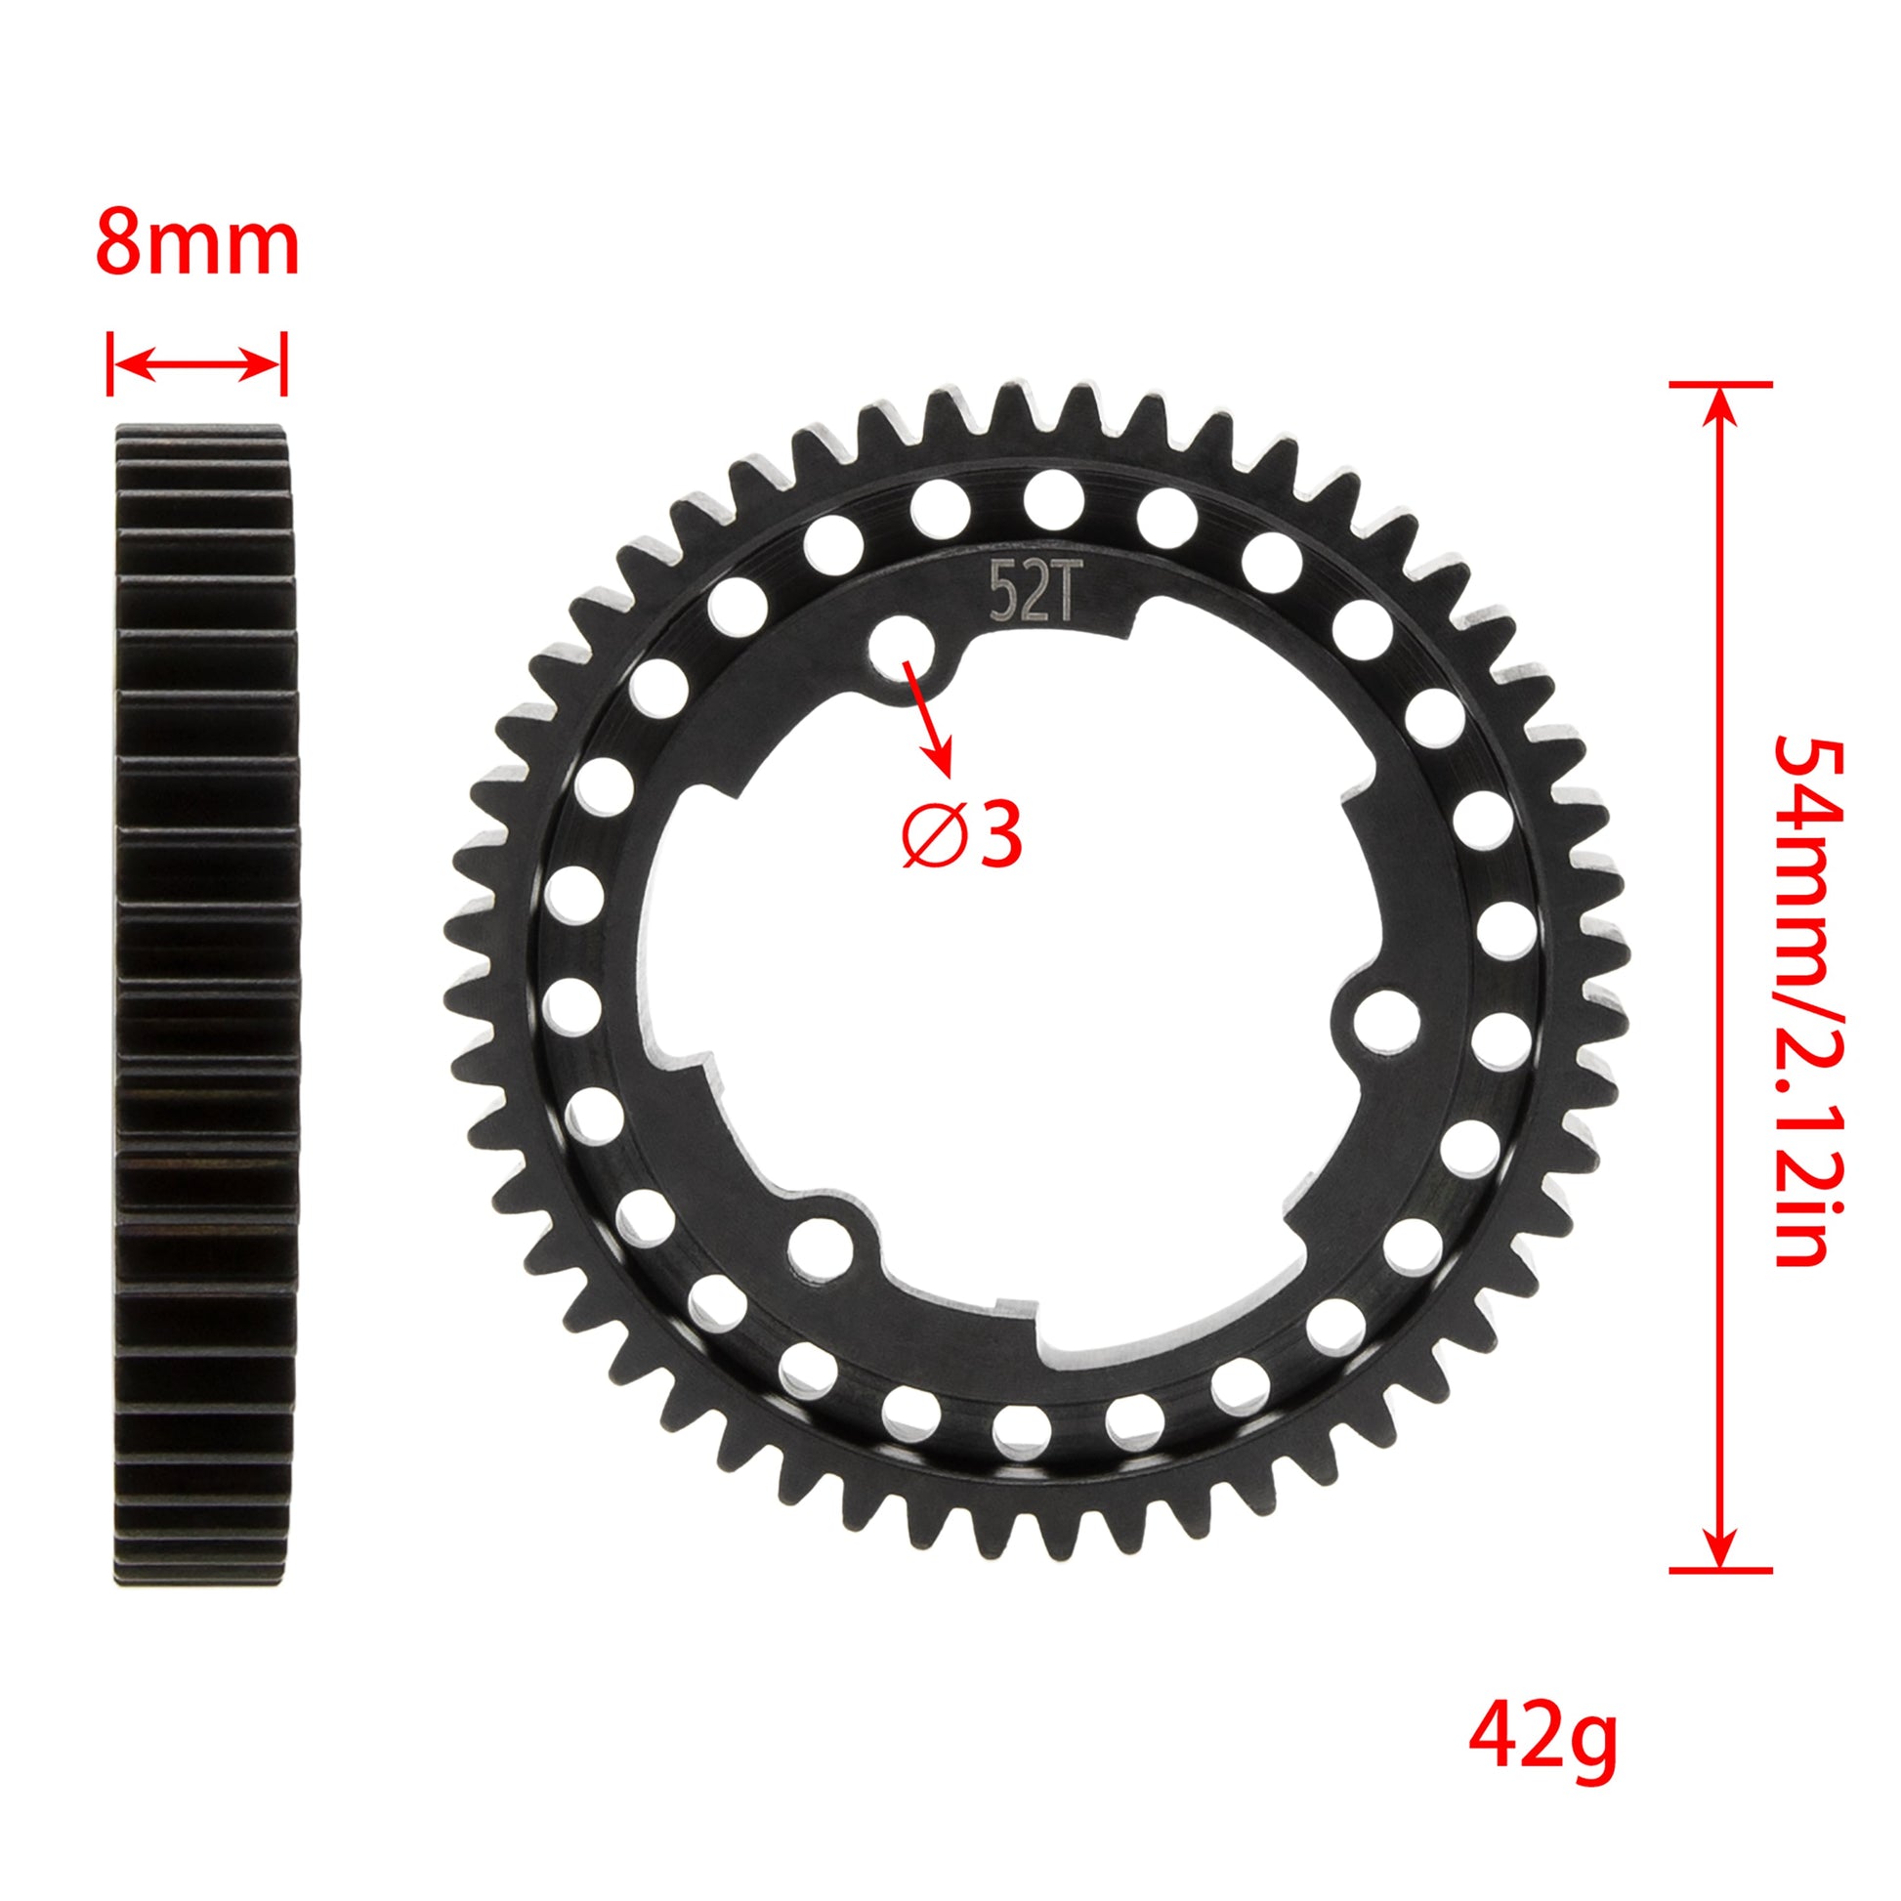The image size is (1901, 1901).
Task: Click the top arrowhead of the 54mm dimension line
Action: pyautogui.click(x=1719, y=403)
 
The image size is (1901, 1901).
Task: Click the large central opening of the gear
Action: pyautogui.click(x=993, y=984)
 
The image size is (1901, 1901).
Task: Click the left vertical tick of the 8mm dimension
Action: pyautogui.click(x=110, y=364)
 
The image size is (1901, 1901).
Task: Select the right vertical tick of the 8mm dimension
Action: pyautogui.click(x=283, y=364)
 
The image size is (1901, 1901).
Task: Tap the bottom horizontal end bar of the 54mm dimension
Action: pyautogui.click(x=1720, y=1598)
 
